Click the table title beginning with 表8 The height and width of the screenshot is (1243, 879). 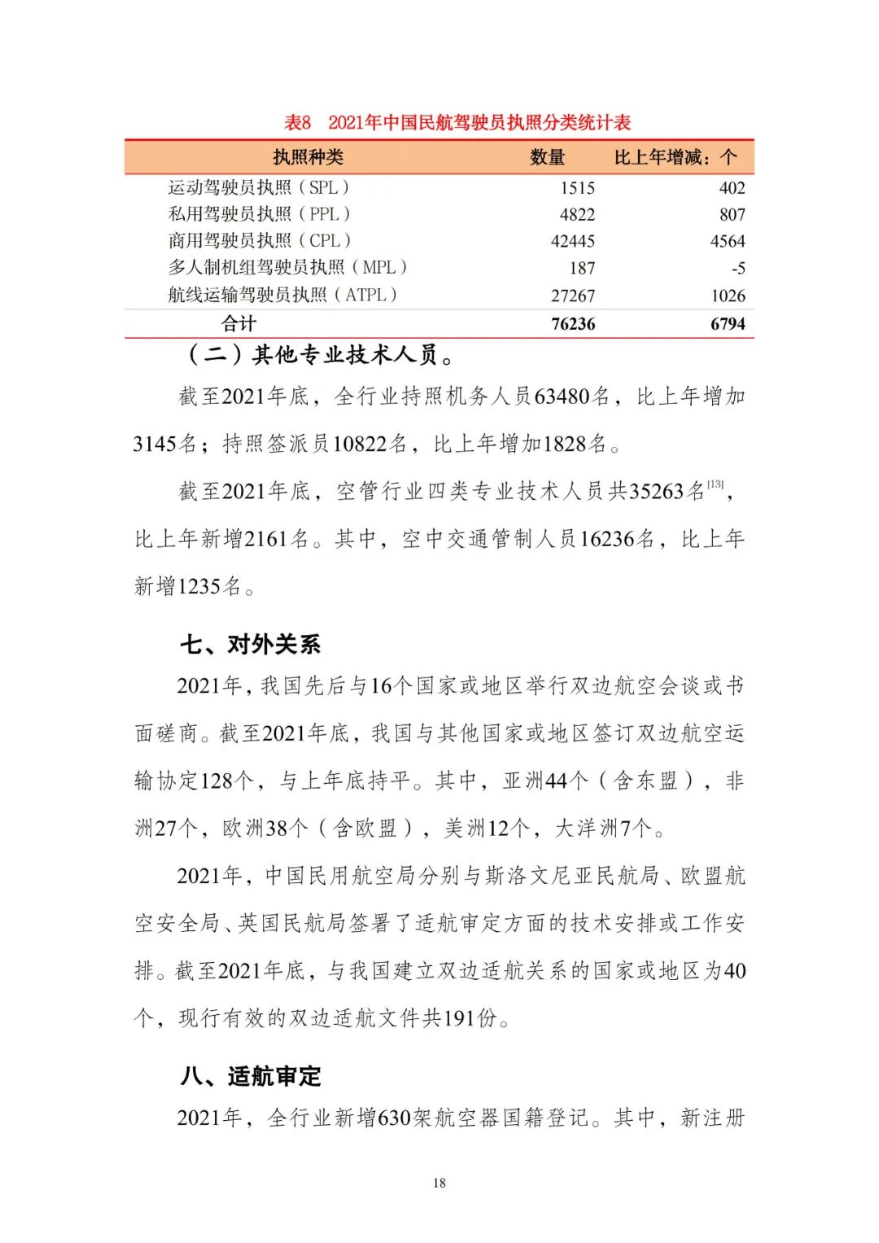point(457,123)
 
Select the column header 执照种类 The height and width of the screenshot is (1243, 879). point(308,157)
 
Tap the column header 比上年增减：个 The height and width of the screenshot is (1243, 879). point(675,157)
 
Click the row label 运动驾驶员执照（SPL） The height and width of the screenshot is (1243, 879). point(260,187)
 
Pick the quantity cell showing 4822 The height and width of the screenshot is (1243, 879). point(577,215)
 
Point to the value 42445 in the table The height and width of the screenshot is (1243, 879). point(573,242)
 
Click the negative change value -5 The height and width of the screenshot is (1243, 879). point(737,269)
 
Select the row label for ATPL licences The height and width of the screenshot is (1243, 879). point(282,295)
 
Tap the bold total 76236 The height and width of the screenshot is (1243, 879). point(573,324)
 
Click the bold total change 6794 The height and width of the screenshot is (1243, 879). point(727,324)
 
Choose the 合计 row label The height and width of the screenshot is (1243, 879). point(239,324)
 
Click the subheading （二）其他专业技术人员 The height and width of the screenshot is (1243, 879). point(321,355)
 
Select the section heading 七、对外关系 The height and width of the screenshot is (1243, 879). point(251,645)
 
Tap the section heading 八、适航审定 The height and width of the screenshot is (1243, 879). point(251,1076)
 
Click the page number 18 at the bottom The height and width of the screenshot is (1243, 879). point(439,1183)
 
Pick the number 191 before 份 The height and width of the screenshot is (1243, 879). point(459,1018)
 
